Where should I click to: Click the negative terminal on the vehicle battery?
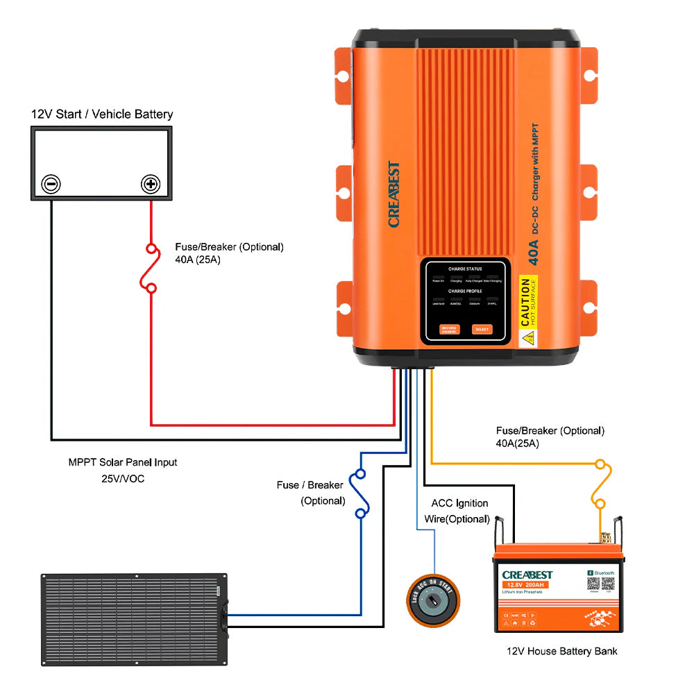(51, 184)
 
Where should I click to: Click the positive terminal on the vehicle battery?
(151, 184)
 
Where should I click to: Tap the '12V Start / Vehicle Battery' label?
(101, 114)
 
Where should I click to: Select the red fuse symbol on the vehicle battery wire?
(149, 268)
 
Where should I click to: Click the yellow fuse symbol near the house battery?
(600, 483)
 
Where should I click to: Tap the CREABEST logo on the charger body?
(393, 195)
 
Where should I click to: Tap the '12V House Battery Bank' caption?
(561, 651)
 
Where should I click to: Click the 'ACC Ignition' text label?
(459, 503)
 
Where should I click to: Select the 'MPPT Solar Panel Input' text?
(123, 462)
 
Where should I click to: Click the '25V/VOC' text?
(123, 478)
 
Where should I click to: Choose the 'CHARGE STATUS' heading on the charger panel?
(464, 269)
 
